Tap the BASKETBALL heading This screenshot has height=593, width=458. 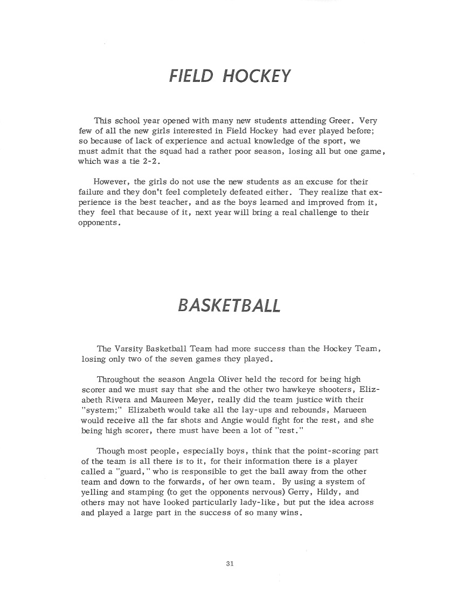coord(228,305)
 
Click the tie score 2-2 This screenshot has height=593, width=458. coord(137,162)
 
